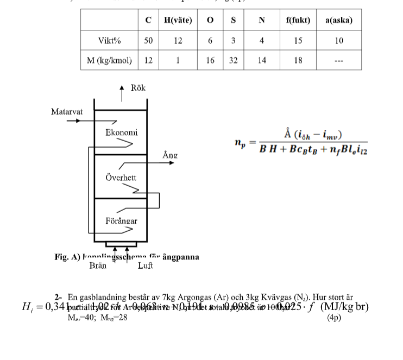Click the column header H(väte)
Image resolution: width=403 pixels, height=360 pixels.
(178, 20)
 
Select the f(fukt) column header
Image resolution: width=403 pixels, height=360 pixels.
(298, 20)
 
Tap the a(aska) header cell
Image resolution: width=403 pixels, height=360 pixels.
(339, 20)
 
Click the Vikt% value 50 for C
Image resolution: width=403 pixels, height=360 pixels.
(148, 41)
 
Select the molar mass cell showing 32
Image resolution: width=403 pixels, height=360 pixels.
(233, 60)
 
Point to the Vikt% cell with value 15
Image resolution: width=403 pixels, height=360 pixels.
(298, 41)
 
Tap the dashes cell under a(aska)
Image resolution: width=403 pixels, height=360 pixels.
(339, 61)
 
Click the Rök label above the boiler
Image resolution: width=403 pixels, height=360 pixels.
(138, 88)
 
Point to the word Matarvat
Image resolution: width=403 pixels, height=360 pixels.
(67, 112)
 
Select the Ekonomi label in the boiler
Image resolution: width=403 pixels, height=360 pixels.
(121, 132)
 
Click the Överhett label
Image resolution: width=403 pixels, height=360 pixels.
(121, 178)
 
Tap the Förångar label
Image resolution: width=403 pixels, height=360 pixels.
(121, 221)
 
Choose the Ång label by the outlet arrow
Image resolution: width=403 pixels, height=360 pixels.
(170, 155)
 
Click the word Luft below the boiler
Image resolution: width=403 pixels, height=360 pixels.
(145, 266)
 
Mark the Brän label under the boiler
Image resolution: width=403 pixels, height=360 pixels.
(98, 266)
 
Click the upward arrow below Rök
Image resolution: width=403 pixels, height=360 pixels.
(122, 93)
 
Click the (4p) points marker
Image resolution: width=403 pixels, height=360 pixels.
(334, 318)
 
